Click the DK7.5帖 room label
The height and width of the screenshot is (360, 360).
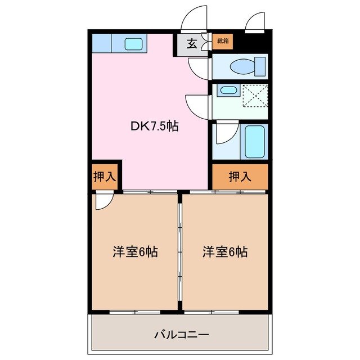(155, 127)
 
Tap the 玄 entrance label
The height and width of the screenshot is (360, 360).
(192, 44)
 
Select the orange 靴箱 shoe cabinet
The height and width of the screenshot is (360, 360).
(223, 41)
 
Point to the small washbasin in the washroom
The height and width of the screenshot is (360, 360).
(227, 90)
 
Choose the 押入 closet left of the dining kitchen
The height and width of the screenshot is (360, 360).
(104, 176)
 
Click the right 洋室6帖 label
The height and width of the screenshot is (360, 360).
(225, 252)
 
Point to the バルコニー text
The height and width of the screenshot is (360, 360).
(182, 335)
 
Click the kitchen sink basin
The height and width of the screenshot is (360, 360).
(134, 43)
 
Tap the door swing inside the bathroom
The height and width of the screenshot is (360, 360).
(225, 133)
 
